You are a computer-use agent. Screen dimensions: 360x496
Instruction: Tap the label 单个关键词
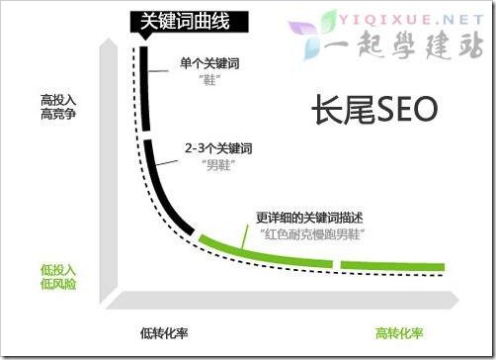coord(210,64)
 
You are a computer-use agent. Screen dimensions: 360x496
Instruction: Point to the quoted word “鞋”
coord(210,81)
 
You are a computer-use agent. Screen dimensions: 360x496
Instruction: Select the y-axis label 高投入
coord(59,99)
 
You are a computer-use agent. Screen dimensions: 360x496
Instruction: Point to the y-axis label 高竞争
coord(59,115)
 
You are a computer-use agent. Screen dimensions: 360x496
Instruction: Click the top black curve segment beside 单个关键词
coord(144,89)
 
